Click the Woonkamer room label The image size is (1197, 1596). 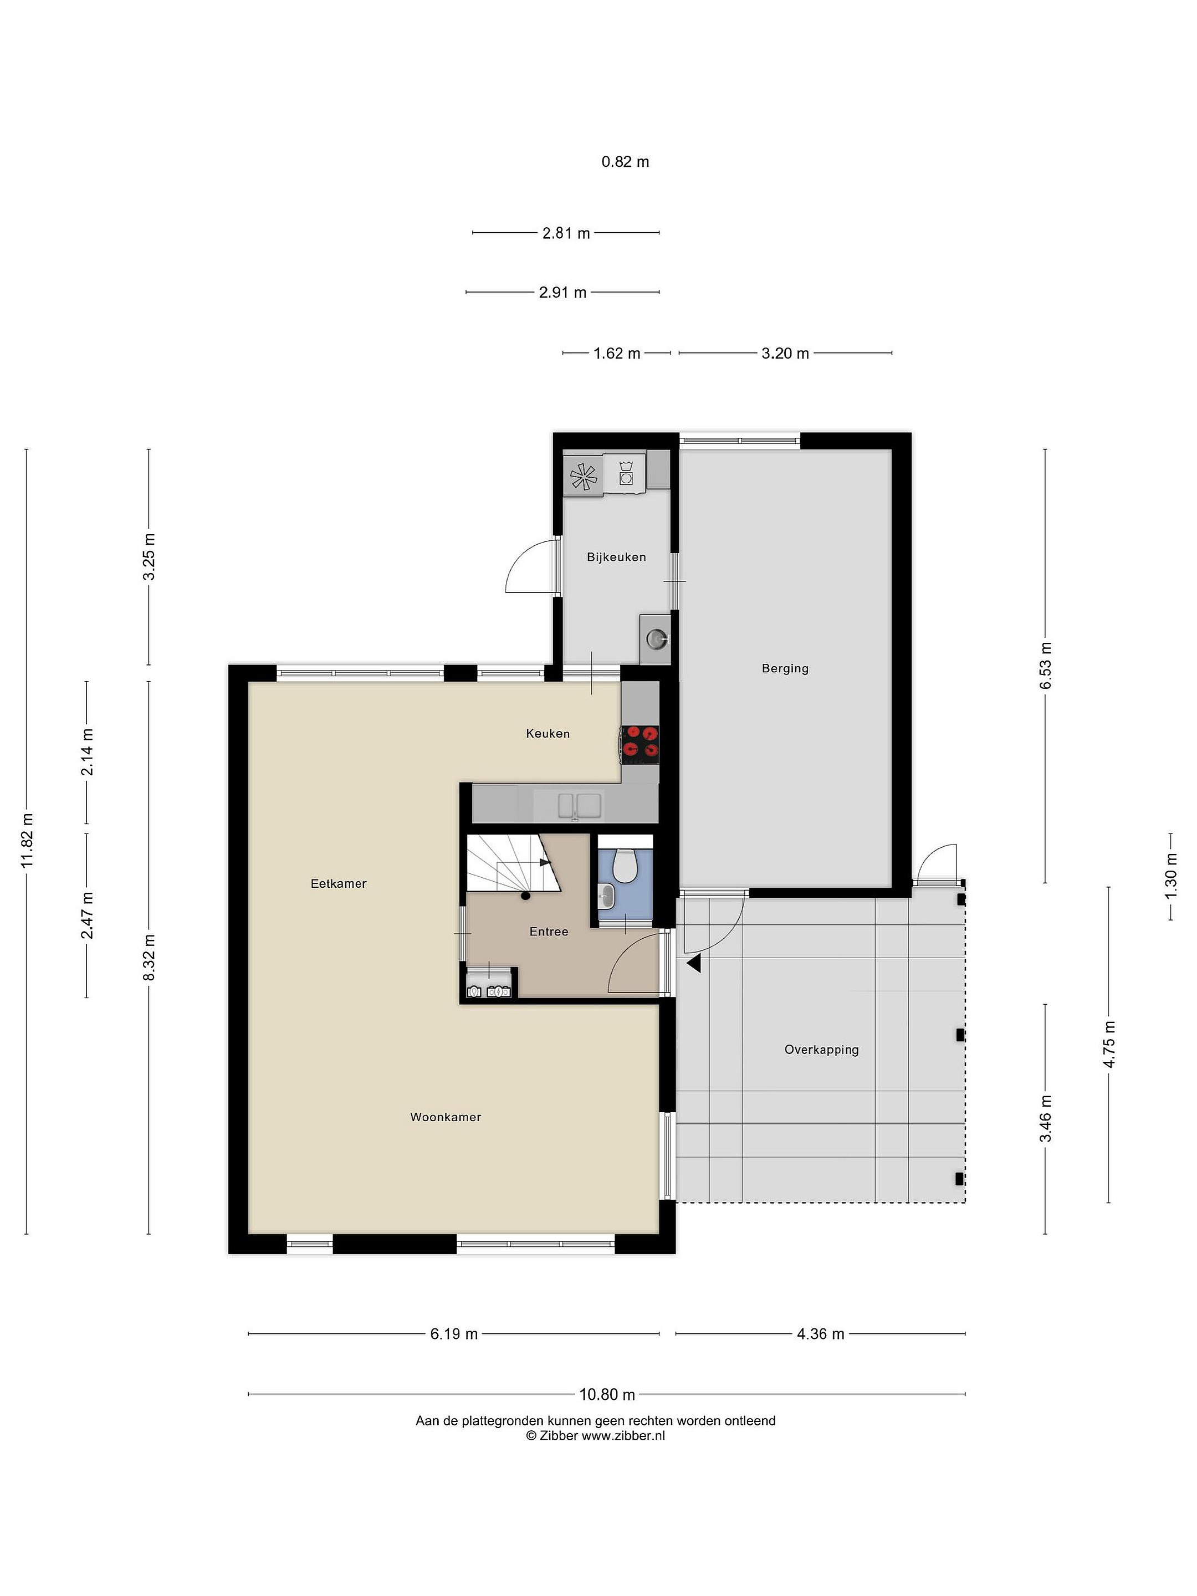445,1117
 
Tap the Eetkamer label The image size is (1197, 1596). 339,883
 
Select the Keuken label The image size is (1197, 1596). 548,734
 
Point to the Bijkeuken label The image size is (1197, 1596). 616,557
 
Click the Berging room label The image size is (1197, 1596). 785,668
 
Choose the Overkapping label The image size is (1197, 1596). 822,1050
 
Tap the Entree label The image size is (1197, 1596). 549,932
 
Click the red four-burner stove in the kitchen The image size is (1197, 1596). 641,744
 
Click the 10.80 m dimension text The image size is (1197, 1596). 607,1394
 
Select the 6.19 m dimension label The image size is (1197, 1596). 454,1333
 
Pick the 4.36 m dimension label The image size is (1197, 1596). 820,1333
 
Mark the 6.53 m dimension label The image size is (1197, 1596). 1046,664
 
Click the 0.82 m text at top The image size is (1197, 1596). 625,162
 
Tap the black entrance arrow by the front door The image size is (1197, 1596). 694,963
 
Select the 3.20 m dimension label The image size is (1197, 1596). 785,353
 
